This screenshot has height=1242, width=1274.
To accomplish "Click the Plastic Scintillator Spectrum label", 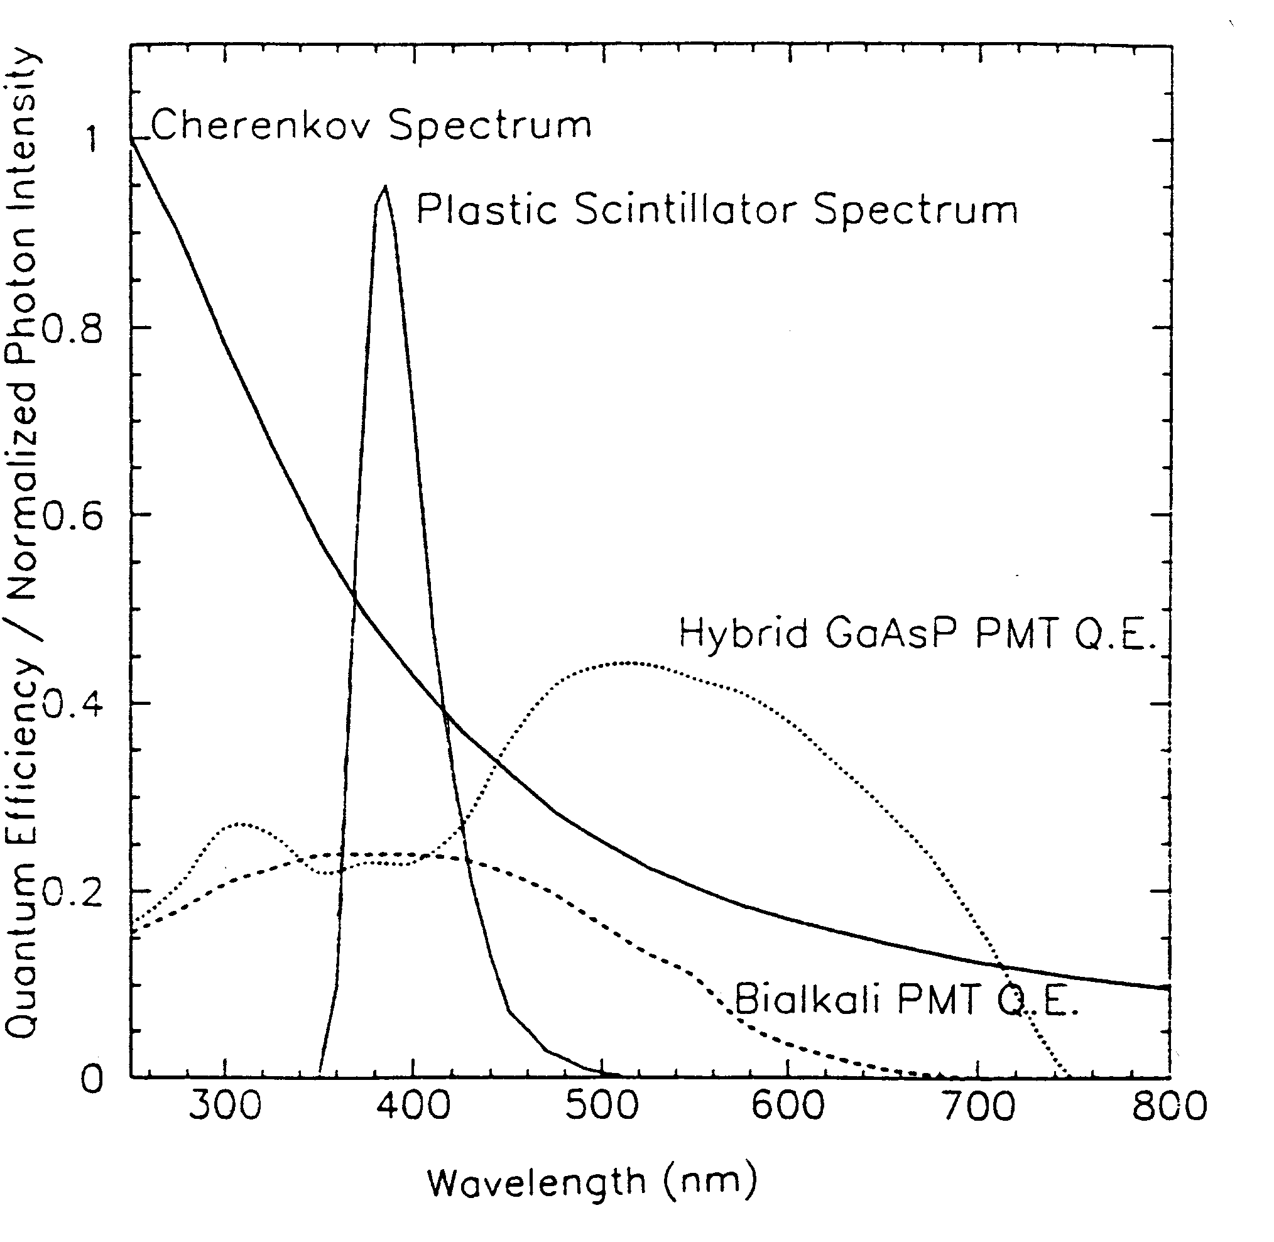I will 716,210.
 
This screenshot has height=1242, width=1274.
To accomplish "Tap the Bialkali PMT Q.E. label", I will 906,1000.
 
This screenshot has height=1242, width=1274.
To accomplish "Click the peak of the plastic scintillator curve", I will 385,187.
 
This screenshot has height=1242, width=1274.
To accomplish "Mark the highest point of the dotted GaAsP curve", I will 628,663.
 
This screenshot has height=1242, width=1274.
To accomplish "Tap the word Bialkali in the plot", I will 808,999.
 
